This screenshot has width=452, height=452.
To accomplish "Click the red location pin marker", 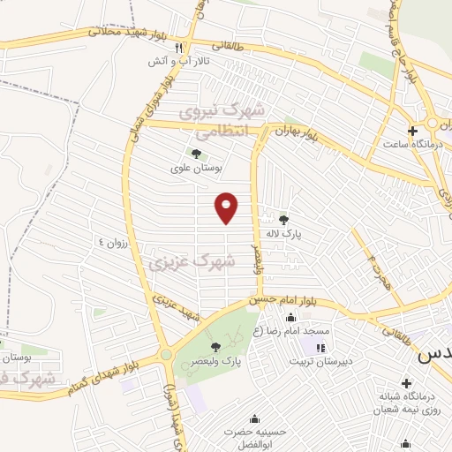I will coord(228,207).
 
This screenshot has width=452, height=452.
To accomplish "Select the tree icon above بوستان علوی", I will coord(195,154).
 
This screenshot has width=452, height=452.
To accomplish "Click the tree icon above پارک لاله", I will coord(283,220).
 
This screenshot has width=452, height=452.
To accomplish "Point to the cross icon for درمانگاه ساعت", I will coord(411,132).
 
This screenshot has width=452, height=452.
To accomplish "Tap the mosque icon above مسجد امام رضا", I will coord(291,318).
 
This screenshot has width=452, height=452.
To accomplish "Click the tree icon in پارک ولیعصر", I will coord(216,347).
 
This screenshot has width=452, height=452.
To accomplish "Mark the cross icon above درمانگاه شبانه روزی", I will coord(406,382).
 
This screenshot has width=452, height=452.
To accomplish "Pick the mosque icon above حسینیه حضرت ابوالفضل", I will coord(255,418).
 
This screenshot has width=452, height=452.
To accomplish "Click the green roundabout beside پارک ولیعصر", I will coord(166,355).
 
